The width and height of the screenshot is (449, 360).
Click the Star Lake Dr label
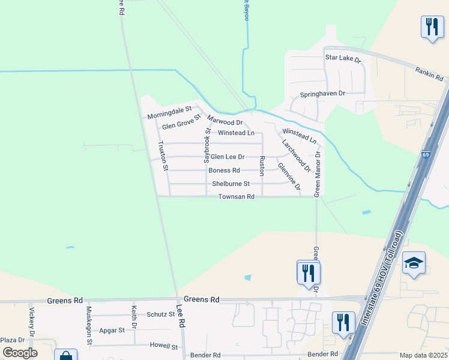[343, 59]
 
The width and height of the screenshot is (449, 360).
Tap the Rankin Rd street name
[429, 74]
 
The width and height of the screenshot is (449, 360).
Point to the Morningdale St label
[169, 112]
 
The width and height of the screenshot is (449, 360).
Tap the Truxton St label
[163, 156]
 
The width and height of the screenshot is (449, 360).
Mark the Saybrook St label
[207, 146]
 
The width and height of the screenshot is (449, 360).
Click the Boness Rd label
[224, 170]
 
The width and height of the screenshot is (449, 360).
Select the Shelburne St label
[226, 184]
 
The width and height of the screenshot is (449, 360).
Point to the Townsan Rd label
[237, 197]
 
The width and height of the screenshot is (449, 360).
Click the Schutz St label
[160, 314]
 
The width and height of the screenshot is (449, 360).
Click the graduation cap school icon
[414, 263]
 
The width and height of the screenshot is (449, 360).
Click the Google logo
[19, 353]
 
